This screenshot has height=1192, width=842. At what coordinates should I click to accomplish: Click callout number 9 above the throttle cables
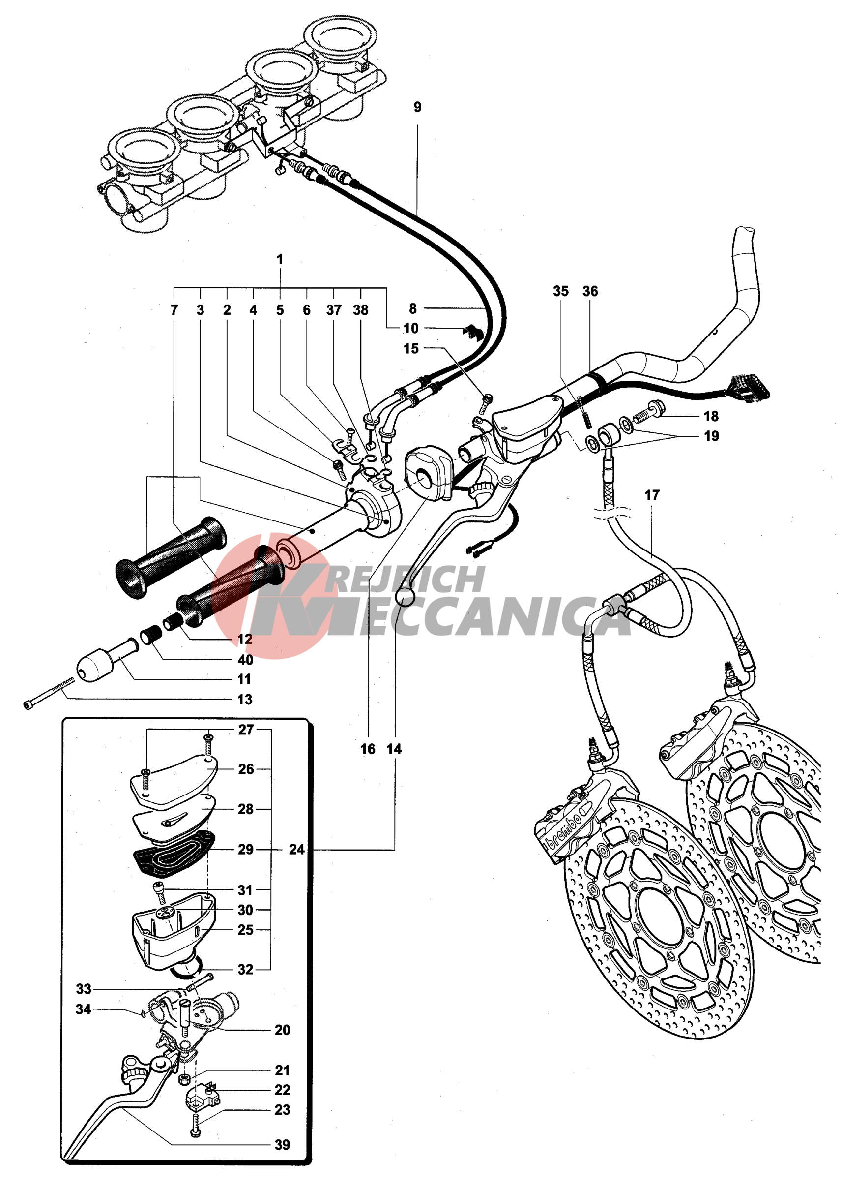pyautogui.click(x=417, y=107)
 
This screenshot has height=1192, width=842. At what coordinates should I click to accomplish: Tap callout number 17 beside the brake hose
pyautogui.click(x=652, y=495)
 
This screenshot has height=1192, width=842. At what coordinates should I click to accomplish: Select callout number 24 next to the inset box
pyautogui.click(x=296, y=850)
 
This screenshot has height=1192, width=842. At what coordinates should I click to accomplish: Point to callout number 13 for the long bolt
pyautogui.click(x=244, y=700)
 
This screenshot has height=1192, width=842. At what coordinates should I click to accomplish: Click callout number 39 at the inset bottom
pyautogui.click(x=282, y=1145)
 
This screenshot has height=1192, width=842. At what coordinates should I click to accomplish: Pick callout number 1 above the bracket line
pyautogui.click(x=280, y=259)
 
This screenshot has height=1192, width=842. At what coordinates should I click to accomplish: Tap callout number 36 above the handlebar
pyautogui.click(x=590, y=291)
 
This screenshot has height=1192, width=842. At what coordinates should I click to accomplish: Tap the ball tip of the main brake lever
pyautogui.click(x=404, y=598)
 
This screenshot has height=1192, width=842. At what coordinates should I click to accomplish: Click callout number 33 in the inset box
pyautogui.click(x=84, y=989)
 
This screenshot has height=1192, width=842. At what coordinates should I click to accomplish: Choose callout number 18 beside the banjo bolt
pyautogui.click(x=711, y=416)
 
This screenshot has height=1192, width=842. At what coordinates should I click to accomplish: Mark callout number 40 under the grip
pyautogui.click(x=245, y=660)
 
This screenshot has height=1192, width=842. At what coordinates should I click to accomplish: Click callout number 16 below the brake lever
pyautogui.click(x=367, y=749)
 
